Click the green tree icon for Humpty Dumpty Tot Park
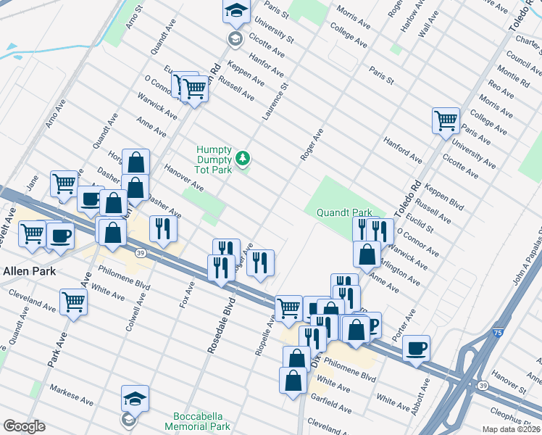pyautogui.click(x=243, y=158)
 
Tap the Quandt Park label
pyautogui.click(x=344, y=213)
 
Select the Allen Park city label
pyautogui.click(x=25, y=270)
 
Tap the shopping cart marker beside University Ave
pyautogui.click(x=446, y=120)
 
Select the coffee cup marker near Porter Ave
pyautogui.click(x=416, y=348)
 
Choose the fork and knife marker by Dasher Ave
pyautogui.click(x=163, y=228)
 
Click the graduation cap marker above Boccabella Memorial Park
pyautogui.click(x=135, y=398)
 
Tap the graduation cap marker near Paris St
pyautogui.click(x=236, y=11)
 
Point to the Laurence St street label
pyautogui.click(x=275, y=101)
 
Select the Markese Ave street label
pyautogui.click(x=71, y=396)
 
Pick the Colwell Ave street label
pyautogui.click(x=135, y=312)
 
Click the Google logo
pyautogui.click(x=24, y=426)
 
